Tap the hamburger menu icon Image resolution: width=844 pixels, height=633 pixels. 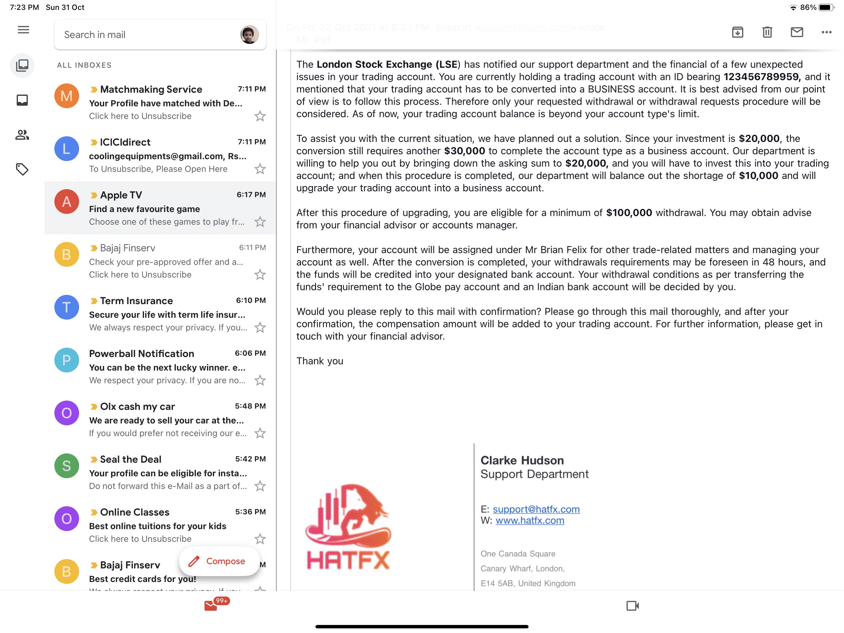(x=23, y=30)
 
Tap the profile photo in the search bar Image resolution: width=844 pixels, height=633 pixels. (x=249, y=35)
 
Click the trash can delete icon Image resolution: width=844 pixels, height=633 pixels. (x=767, y=32)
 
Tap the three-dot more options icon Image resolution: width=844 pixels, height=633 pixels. (x=826, y=32)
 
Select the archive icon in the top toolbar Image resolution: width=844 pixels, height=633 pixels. (x=737, y=32)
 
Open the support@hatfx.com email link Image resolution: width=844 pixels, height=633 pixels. (x=536, y=509)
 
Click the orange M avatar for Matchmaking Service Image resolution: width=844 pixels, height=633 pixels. (x=66, y=96)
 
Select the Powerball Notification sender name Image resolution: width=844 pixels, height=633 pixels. (x=141, y=354)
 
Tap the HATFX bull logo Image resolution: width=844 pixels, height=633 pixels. (x=348, y=527)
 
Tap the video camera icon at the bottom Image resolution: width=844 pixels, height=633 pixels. (x=632, y=606)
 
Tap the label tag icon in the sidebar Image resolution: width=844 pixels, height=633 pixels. (x=22, y=169)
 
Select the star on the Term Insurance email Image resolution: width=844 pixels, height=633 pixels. (x=260, y=327)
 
